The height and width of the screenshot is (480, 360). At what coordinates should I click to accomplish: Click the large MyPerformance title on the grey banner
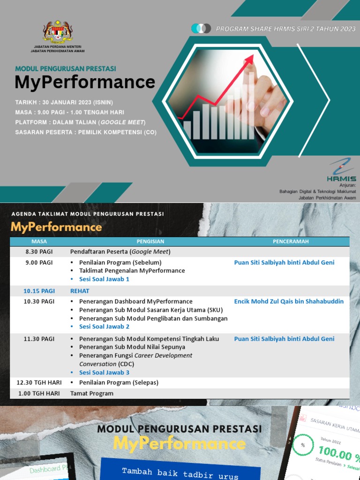[85, 82]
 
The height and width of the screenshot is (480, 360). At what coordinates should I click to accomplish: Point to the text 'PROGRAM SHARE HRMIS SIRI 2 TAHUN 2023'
[286, 29]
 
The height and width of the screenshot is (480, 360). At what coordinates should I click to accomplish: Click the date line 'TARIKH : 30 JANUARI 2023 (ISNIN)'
[64, 102]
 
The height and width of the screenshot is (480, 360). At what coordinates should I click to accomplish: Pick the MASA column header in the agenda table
[39, 241]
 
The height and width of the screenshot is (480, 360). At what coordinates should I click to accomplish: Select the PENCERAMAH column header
[291, 241]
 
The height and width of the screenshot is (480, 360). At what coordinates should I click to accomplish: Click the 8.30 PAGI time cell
[39, 252]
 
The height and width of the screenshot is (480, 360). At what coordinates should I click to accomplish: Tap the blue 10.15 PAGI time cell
[39, 291]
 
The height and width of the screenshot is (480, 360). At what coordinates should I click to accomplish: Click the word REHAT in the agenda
[80, 291]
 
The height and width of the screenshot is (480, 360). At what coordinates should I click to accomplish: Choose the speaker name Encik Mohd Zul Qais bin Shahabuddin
[289, 301]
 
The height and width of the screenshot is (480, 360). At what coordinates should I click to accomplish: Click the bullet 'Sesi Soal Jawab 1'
[104, 279]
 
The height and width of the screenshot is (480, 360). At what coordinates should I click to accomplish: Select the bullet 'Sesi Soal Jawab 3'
[104, 373]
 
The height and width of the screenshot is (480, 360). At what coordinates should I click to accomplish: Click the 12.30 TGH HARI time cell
[39, 382]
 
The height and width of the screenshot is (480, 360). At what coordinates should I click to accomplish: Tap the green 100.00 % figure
[339, 453]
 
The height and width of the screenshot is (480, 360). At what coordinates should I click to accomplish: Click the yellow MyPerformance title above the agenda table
[56, 227]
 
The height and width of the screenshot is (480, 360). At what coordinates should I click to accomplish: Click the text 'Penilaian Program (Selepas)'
[119, 382]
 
